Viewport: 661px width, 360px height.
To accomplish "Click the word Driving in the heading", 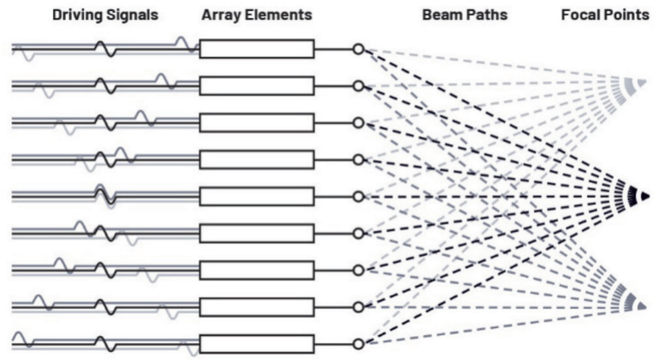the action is (77, 16).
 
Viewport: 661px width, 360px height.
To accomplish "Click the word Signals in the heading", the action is (132, 16).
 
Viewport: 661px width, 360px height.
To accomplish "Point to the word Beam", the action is (440, 15).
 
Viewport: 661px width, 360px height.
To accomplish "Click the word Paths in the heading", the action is (485, 15).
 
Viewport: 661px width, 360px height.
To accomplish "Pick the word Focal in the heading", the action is (580, 15).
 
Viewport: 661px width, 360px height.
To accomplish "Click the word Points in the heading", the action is (625, 15).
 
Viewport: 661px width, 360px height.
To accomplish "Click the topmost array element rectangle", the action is (257, 49).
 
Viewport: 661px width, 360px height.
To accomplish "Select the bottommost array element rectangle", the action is (257, 344).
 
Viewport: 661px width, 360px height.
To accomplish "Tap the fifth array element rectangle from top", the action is (257, 196).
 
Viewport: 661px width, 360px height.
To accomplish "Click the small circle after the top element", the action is (358, 49).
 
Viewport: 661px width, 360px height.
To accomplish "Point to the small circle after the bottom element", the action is (358, 344).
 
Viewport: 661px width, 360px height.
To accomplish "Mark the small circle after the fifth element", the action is (358, 196).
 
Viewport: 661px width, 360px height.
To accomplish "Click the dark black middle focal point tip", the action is (645, 196).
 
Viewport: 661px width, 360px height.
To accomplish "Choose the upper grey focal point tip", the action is (642, 83).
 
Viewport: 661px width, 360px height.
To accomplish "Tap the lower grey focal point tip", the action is (642, 306).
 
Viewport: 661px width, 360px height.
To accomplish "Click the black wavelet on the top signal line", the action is (105, 49).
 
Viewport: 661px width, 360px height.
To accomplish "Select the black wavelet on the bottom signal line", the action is (105, 344).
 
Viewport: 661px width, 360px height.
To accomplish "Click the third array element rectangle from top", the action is (257, 123).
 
